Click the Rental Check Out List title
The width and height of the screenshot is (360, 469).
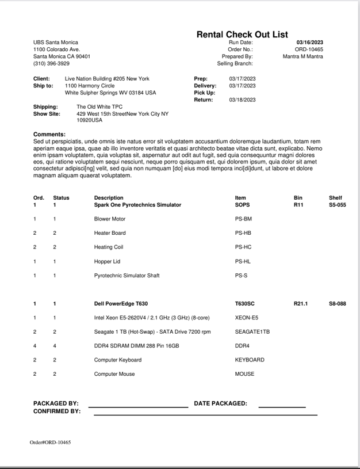click(242, 35)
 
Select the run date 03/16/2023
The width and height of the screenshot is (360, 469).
click(309, 43)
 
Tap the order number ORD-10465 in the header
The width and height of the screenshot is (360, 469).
click(309, 49)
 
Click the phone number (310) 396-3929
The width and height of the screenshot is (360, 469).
click(51, 63)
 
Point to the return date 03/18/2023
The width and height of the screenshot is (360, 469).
click(241, 100)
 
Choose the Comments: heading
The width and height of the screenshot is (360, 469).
click(49, 134)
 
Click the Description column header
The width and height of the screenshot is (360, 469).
click(109, 198)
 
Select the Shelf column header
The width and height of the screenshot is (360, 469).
click(335, 198)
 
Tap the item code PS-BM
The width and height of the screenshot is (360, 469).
click(243, 219)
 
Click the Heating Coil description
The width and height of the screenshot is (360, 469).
click(109, 247)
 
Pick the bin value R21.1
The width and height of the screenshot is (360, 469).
click(301, 303)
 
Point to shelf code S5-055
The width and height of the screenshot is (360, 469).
click(337, 205)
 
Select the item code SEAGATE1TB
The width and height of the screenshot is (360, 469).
click(252, 331)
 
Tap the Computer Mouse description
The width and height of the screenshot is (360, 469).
click(114, 374)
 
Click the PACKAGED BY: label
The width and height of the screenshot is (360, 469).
click(56, 403)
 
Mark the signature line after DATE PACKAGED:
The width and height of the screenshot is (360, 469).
click(282, 406)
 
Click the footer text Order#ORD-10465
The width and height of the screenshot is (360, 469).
click(51, 443)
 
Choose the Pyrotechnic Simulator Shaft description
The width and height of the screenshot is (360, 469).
click(127, 275)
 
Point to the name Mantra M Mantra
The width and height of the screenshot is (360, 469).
click(302, 56)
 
